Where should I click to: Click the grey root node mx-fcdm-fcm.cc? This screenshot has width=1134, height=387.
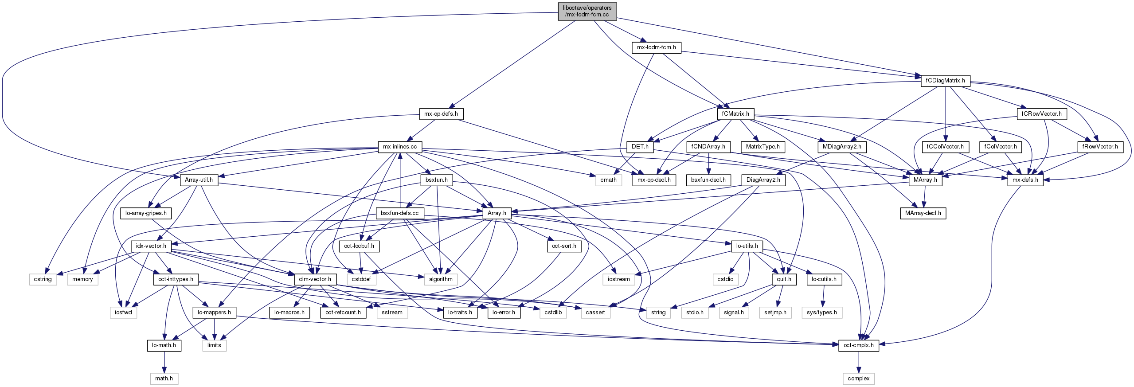coord(587,11)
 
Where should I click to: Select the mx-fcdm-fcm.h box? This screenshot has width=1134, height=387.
coord(656,47)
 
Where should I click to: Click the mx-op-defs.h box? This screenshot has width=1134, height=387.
coord(441,114)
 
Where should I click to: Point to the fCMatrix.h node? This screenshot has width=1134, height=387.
coord(735,114)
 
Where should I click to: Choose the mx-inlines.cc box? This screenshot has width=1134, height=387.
coord(400,147)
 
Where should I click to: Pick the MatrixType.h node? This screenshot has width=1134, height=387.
coord(763,147)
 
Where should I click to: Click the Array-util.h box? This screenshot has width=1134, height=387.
coord(199,180)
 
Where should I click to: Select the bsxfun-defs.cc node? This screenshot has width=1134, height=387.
coord(399,213)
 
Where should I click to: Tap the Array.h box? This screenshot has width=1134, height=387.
coord(497,213)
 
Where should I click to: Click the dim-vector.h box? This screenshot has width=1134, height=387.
coord(315,279)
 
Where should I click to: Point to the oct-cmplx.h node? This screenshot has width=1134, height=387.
coord(858,345)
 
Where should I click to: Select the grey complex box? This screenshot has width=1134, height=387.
coord(858,379)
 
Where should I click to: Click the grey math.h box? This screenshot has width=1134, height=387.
coord(164,379)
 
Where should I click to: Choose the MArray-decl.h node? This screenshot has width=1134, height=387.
coord(923,213)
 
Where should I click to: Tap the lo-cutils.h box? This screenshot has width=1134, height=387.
coord(824,279)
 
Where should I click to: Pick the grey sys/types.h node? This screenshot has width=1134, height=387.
coord(821,313)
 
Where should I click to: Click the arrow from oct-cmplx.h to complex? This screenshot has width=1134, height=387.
coord(858,362)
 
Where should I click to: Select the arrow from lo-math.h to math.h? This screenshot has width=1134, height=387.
coord(164,362)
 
